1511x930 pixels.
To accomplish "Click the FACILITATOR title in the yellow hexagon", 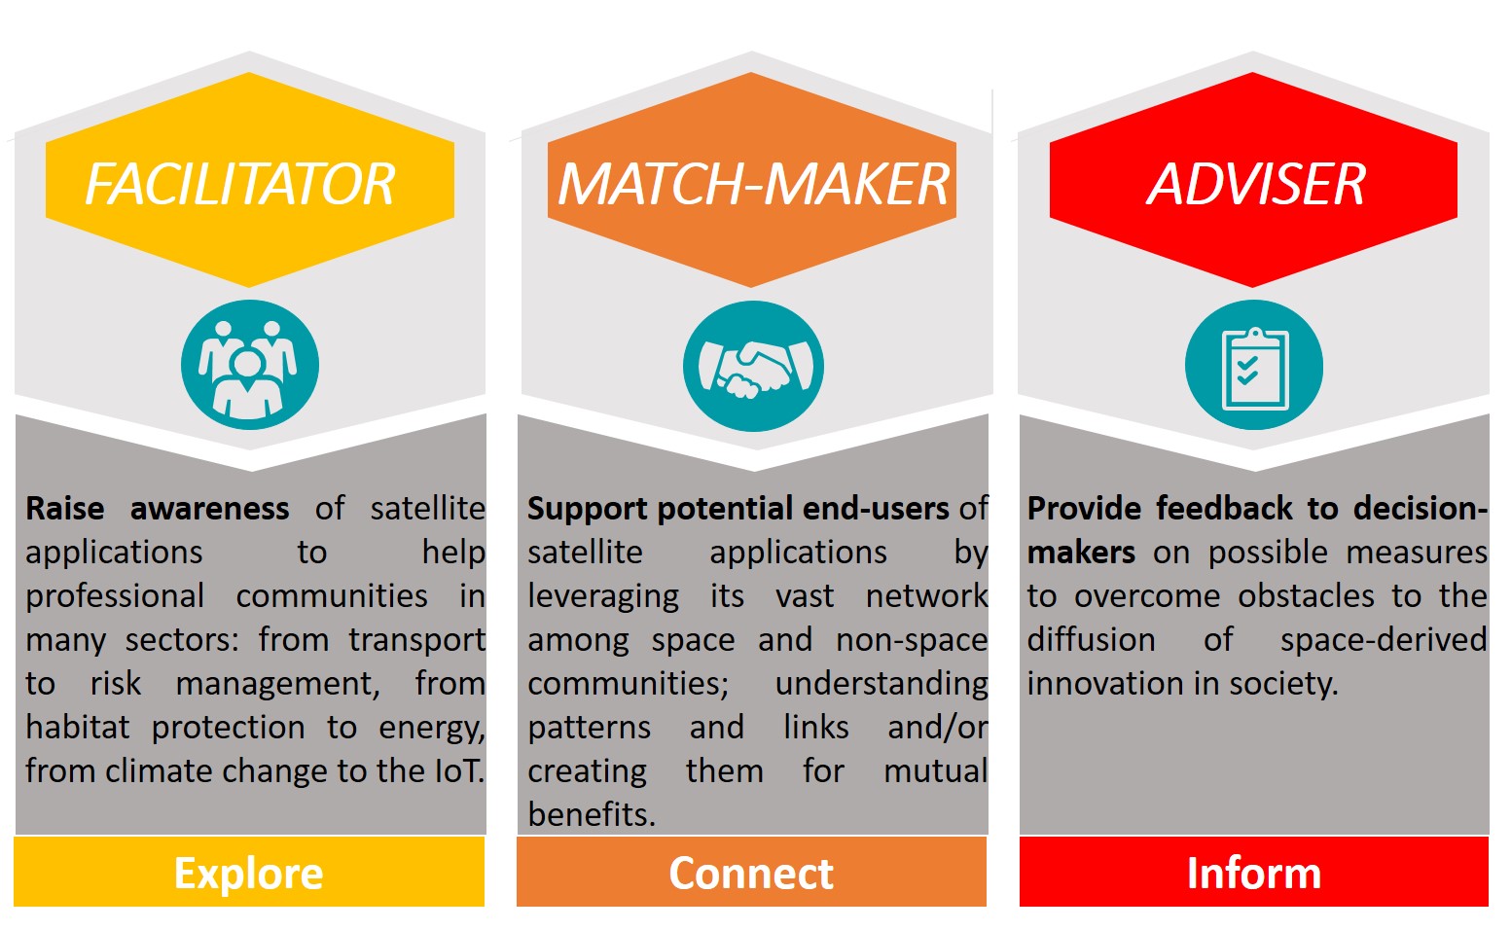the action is [240, 184].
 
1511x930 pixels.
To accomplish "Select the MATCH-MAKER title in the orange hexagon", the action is [753, 184].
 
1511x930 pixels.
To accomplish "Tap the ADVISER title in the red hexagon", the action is [1256, 184].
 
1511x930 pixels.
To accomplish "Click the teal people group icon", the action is [250, 365].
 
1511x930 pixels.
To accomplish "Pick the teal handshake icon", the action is [753, 366].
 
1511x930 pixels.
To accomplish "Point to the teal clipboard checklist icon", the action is [1254, 365].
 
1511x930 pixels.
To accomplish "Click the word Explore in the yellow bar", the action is [249, 874].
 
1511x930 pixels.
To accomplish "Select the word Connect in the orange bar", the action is [751, 873].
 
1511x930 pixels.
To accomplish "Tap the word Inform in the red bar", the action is [1254, 873].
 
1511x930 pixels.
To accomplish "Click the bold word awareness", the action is [210, 509].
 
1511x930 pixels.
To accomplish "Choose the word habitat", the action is [78, 727].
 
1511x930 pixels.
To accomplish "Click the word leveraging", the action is [603, 597].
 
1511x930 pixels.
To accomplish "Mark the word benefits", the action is [592, 814].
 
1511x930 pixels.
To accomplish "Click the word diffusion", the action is [1091, 639].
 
